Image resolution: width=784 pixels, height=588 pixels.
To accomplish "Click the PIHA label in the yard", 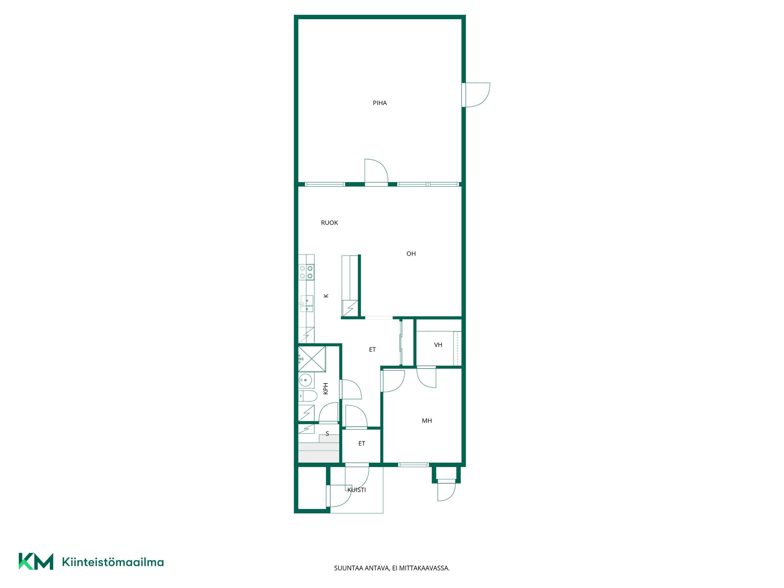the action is click(380, 103).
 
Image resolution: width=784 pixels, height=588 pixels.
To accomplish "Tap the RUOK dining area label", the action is click(330, 223).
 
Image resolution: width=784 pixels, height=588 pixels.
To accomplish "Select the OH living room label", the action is click(411, 254).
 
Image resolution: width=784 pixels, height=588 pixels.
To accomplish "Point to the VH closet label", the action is click(438, 345).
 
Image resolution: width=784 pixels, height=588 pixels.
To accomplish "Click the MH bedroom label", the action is click(427, 421).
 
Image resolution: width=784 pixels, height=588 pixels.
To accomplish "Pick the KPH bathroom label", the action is click(326, 389).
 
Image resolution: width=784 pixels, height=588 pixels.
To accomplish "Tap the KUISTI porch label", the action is click(356, 490).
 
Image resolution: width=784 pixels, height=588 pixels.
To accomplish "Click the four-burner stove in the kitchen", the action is click(306, 272).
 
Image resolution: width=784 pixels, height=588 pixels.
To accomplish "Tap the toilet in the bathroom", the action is click(308, 396).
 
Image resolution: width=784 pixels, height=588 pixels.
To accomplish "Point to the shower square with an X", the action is click(312, 359).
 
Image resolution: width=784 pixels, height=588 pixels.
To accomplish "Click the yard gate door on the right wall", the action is click(476, 95).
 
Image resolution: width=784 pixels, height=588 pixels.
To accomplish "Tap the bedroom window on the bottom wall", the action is click(413, 465).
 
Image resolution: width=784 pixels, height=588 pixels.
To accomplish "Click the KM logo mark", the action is click(36, 561).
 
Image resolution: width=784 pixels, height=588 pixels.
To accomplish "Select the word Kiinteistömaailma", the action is click(113, 562).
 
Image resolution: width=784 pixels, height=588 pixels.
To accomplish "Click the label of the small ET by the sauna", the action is click(362, 444).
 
